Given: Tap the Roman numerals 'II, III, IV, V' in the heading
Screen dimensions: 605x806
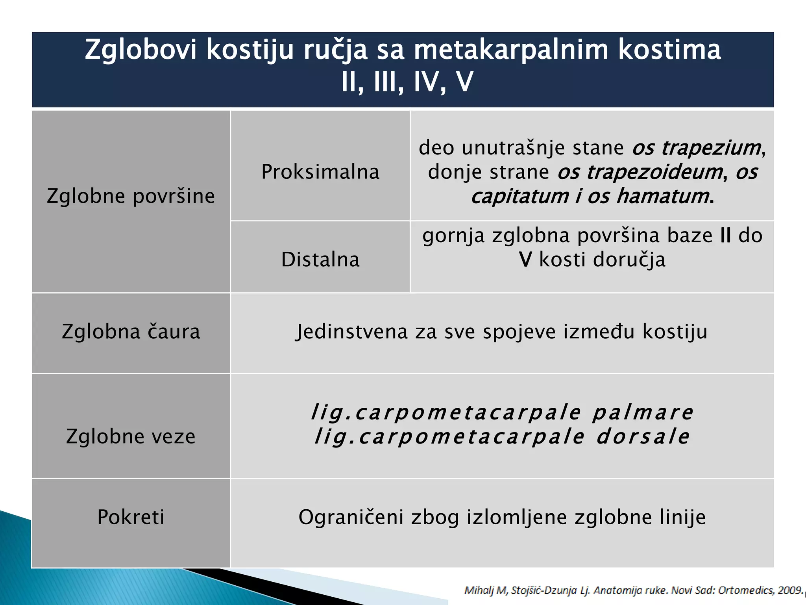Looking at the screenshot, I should coord(407,82).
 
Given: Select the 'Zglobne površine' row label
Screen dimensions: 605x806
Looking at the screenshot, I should coord(131,196).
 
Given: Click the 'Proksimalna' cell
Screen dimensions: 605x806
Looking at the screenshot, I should coord(320,172).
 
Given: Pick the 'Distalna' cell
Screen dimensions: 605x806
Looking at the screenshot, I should coord(320,260).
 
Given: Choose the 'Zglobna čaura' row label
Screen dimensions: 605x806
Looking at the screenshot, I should coord(131,332).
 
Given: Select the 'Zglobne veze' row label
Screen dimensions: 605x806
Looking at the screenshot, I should coord(131,436).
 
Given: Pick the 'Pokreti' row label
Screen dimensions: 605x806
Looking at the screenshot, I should coord(131,517).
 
